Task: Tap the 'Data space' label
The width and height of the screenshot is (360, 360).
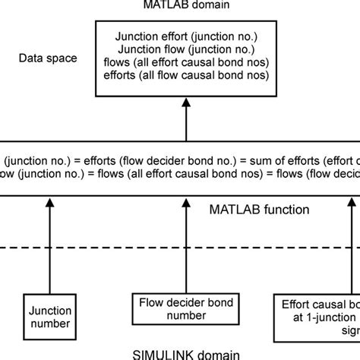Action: [x=49, y=58]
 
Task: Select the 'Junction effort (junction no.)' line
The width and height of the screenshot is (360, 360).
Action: [x=186, y=36]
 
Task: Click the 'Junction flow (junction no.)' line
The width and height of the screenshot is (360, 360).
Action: [x=186, y=49]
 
